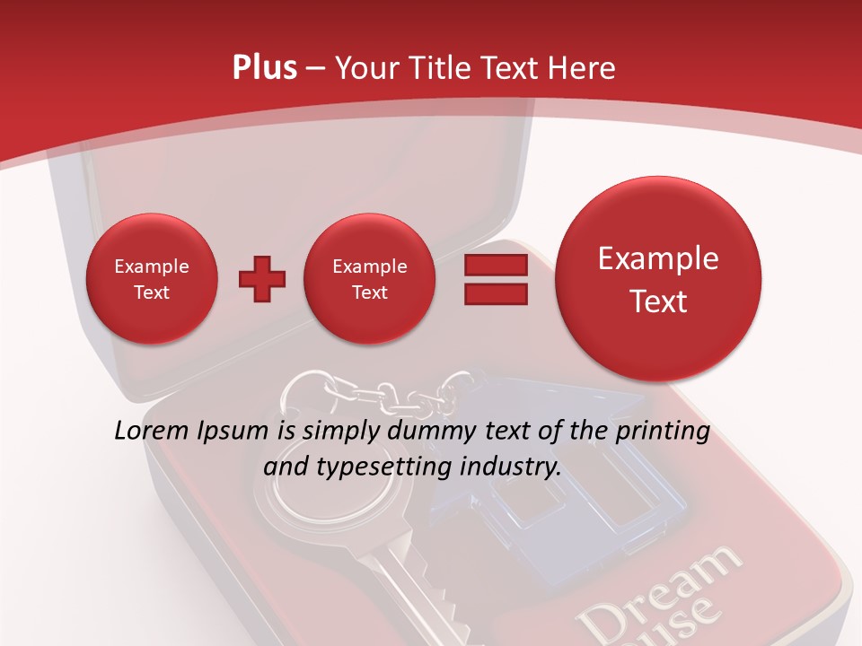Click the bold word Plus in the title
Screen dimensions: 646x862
click(x=264, y=68)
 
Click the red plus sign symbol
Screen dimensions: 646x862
click(x=262, y=280)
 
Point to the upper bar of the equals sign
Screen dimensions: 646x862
click(x=496, y=266)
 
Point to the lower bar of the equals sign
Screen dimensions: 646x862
click(x=496, y=294)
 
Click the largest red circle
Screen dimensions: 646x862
click(x=658, y=279)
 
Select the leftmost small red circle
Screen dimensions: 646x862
click(x=151, y=279)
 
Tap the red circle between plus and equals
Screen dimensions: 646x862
click(x=369, y=279)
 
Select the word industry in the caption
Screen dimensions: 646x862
click(x=509, y=467)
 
